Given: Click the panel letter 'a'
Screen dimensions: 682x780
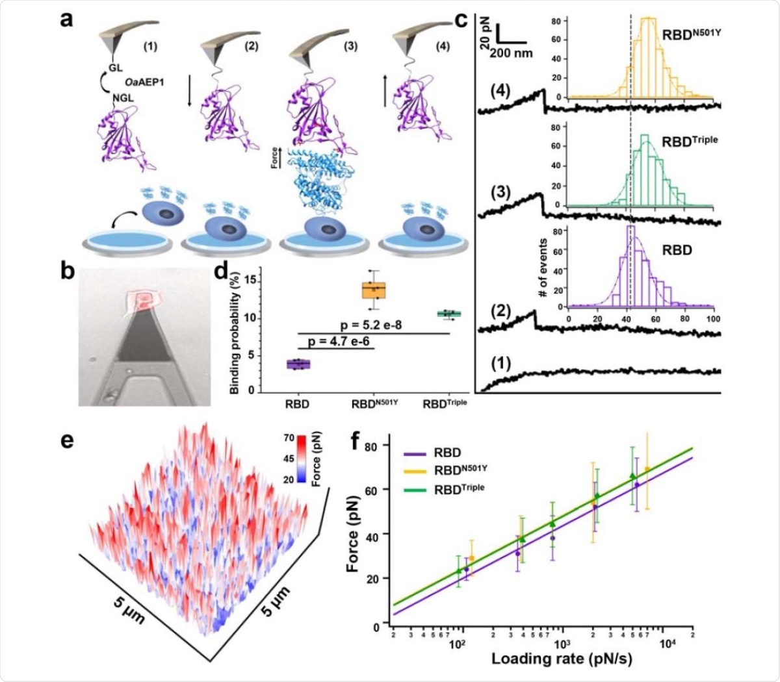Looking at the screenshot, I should click(x=67, y=19).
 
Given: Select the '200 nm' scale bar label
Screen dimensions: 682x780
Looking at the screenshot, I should click(x=511, y=53).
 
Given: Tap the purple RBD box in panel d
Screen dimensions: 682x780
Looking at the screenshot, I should click(x=298, y=364).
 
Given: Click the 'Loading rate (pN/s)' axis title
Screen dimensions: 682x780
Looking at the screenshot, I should click(x=562, y=658).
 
